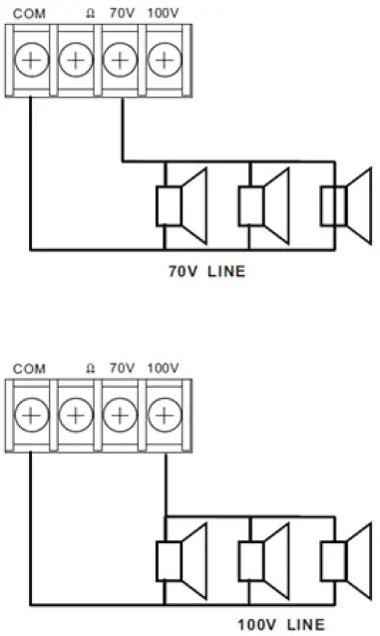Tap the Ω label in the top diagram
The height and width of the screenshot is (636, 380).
91,14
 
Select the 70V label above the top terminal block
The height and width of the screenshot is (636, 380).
122,14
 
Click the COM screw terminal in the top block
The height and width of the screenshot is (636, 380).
31,60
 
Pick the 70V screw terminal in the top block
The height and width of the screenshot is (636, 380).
120,60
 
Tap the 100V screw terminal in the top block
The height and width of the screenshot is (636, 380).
163,60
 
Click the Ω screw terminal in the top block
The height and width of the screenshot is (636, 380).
76,60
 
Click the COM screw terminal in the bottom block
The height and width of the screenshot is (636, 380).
31,414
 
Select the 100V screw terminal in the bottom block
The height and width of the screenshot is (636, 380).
163,414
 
